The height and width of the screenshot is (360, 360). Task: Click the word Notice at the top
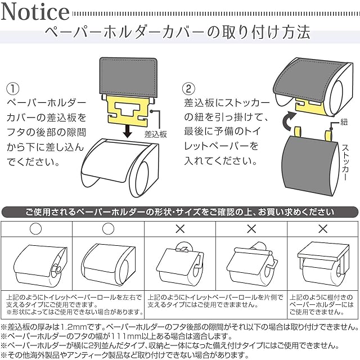pyautogui.click(x=36, y=12)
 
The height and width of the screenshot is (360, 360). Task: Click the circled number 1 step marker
pyautogui.click(x=12, y=89)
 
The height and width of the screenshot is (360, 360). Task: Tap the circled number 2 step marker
pyautogui.click(x=190, y=89)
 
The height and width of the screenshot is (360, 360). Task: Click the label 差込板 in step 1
pyautogui.click(x=155, y=134)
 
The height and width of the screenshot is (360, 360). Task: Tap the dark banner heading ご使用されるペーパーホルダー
pyautogui.click(x=180, y=212)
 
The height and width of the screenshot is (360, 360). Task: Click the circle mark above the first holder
pyautogui.click(x=37, y=229)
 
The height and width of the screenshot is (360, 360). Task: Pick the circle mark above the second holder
pyautogui.click(x=109, y=229)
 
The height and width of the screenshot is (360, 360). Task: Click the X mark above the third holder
pyautogui.click(x=180, y=229)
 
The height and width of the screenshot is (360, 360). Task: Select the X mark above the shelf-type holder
pyautogui.click(x=323, y=229)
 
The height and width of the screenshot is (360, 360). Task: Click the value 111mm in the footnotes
pyautogui.click(x=130, y=336)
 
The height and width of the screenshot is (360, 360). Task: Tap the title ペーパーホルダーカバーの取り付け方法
pyautogui.click(x=177, y=31)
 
